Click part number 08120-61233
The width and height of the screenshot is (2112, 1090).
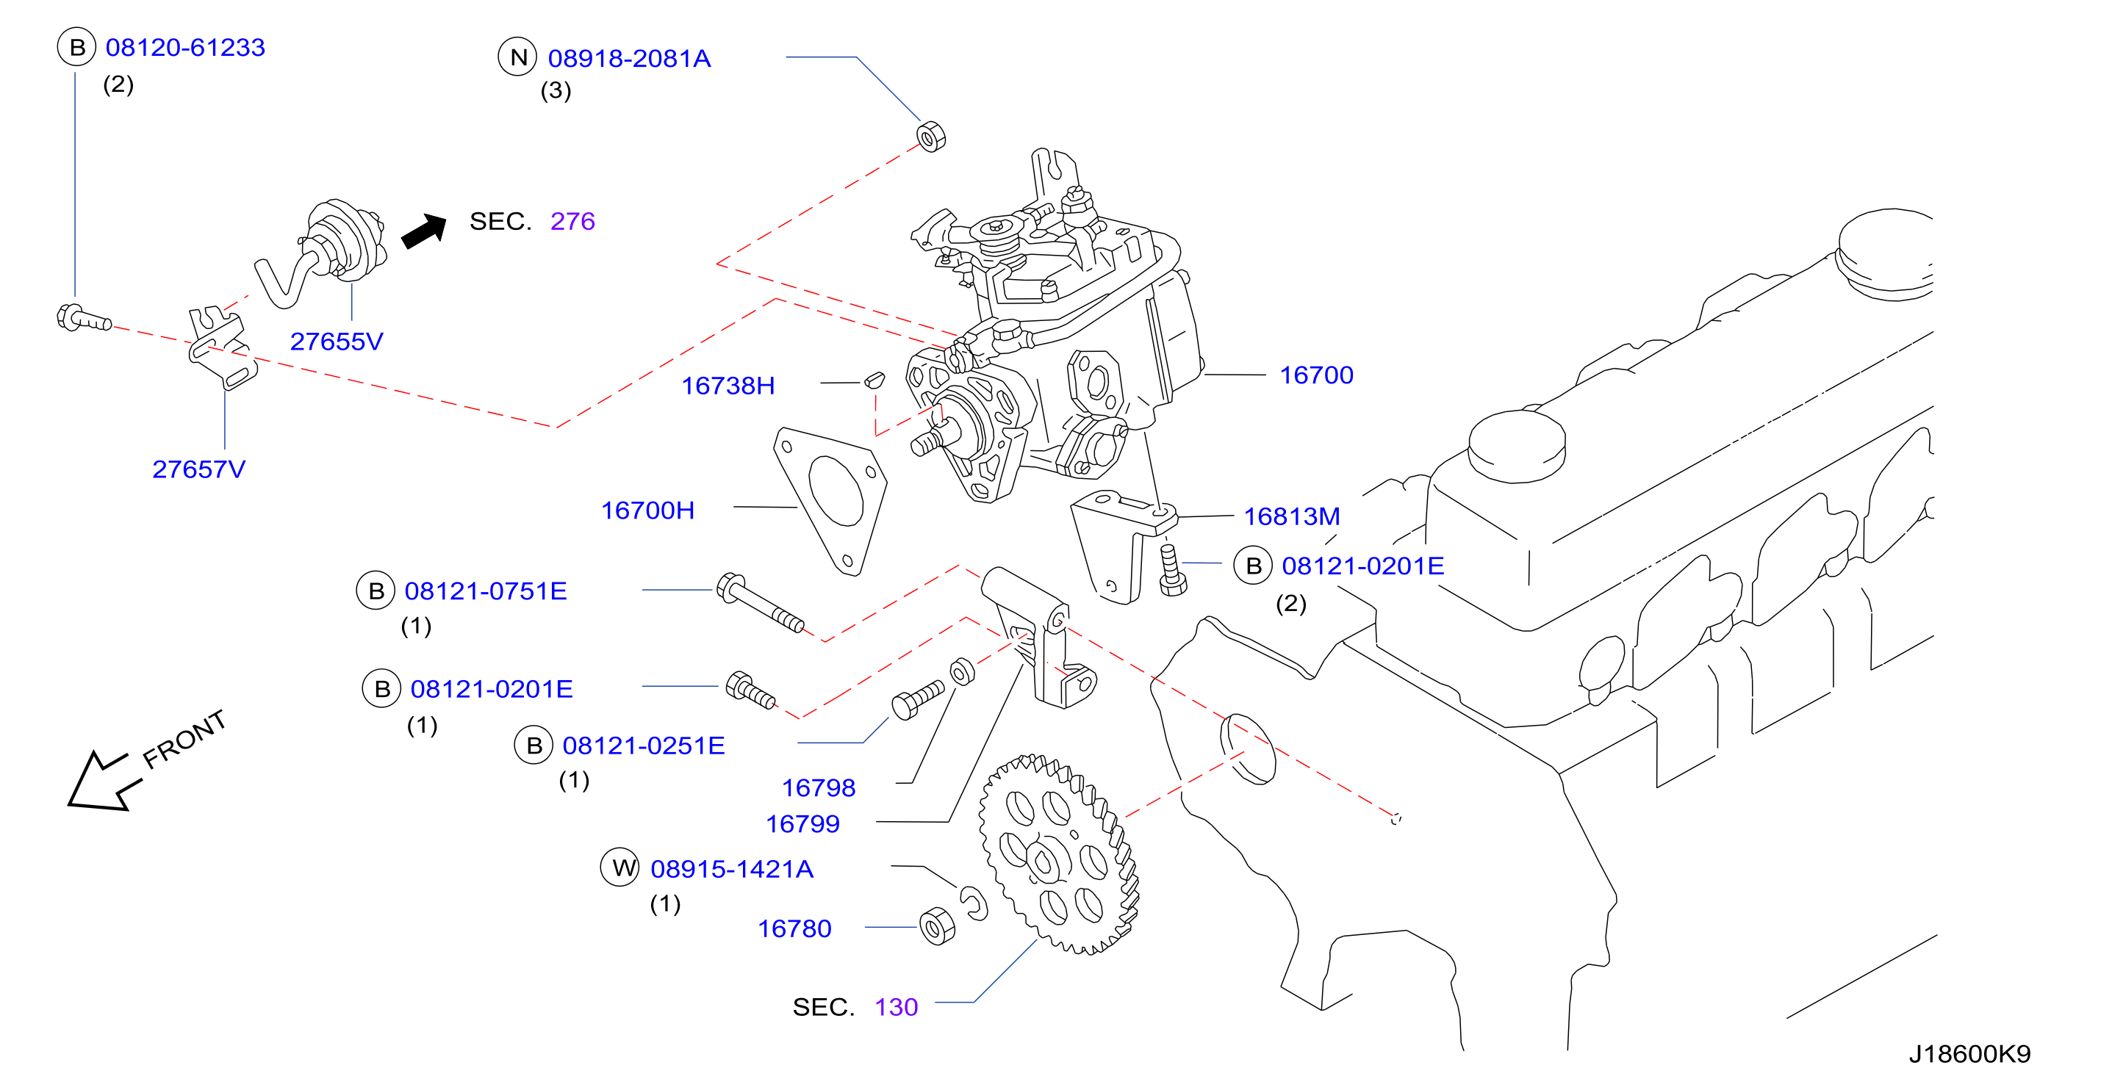(185, 48)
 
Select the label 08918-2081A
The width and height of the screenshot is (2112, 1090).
(629, 59)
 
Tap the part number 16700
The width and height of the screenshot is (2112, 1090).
(1316, 375)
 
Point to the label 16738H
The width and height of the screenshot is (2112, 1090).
(728, 386)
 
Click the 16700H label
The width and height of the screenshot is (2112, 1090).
(647, 510)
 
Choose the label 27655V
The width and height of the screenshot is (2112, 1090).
(336, 342)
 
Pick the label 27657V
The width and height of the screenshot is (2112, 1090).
(198, 469)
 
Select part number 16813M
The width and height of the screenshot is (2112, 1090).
(1291, 517)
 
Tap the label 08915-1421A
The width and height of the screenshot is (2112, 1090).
(731, 870)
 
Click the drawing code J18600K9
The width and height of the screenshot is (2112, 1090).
(1969, 1054)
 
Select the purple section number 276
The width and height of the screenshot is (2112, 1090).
(572, 221)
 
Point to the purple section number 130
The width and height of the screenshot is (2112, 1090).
(896, 1007)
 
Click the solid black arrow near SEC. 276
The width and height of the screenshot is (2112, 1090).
(425, 231)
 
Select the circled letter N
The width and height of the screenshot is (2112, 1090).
(518, 57)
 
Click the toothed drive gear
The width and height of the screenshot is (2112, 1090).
(1059, 855)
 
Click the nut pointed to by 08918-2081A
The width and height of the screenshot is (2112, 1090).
(930, 137)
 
